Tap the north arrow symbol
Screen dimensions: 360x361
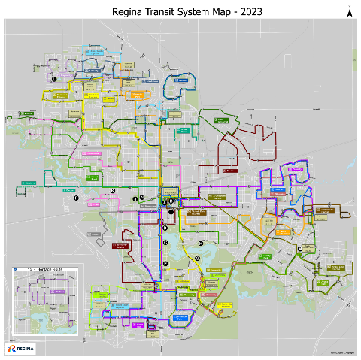click(x=348, y=11)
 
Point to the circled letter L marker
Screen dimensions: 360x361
click(x=54, y=78)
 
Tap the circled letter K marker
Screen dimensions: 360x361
click(x=113, y=192)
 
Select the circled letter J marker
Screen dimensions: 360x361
click(x=135, y=198)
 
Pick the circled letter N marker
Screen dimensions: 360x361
click(x=142, y=197)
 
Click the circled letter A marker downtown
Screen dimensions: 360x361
click(x=165, y=204)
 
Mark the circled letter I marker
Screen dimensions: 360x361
click(x=171, y=213)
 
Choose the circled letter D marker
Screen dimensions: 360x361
click(x=165, y=228)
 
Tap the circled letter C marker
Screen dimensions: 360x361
click(x=165, y=242)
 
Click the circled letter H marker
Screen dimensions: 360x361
click(x=201, y=244)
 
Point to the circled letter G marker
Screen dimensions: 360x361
click(x=197, y=258)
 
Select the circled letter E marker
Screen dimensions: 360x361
click(x=165, y=264)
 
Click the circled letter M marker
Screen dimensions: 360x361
click(x=299, y=249)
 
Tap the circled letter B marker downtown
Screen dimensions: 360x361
click(x=171, y=201)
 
